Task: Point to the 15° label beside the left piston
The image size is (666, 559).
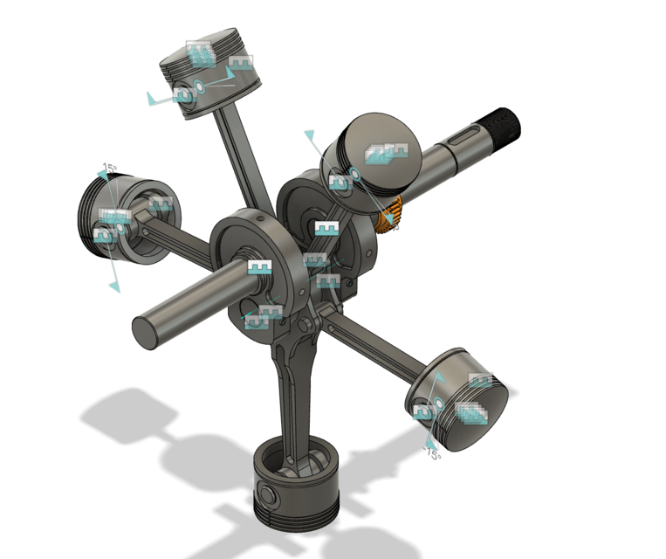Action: tap(109, 167)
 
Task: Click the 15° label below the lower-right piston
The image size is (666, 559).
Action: tap(433, 455)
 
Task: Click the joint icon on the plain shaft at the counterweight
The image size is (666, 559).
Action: tap(259, 267)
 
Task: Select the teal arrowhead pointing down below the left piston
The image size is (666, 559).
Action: tap(113, 286)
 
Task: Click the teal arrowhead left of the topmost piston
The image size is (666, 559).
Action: tap(153, 99)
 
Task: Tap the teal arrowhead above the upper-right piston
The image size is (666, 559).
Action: tap(309, 135)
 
